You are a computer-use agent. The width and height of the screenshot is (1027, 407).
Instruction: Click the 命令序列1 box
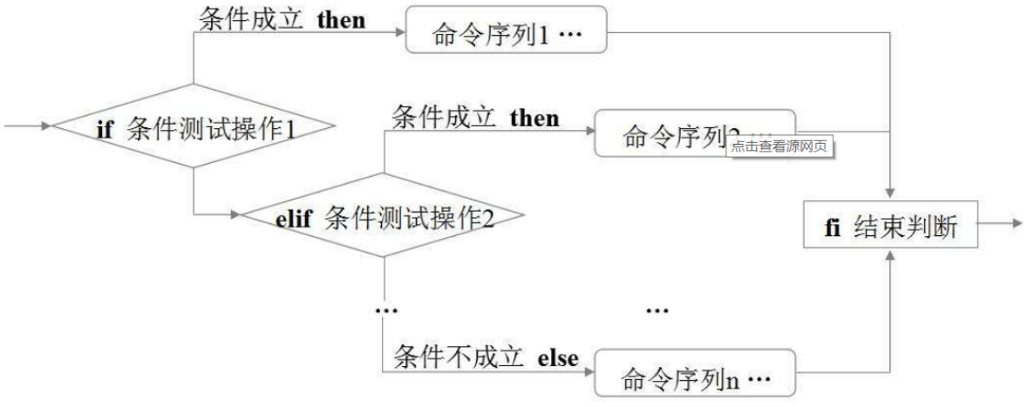tap(507, 36)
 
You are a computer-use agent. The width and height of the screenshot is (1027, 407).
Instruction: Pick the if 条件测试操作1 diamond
tap(194, 127)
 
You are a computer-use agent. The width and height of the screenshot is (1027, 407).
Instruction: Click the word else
tap(558, 357)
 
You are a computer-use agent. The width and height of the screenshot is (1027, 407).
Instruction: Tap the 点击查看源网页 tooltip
tap(779, 146)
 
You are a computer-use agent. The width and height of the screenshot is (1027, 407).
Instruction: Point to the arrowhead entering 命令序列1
tap(401, 36)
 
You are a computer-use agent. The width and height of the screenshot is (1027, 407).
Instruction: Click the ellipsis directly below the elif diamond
tap(384, 310)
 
